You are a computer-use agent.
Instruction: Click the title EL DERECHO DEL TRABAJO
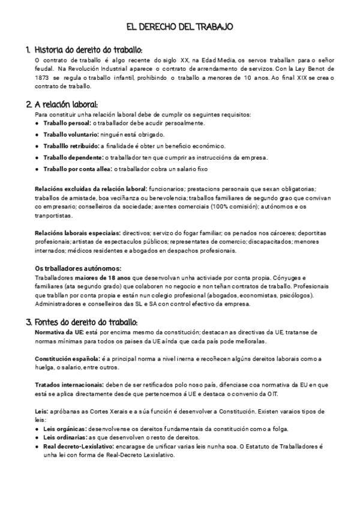click(x=180, y=27)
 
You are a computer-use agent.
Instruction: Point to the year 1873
click(x=45, y=78)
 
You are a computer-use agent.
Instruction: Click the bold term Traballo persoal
click(x=63, y=123)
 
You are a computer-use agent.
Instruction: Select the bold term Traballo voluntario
click(x=68, y=134)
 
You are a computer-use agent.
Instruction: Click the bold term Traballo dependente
click(x=69, y=157)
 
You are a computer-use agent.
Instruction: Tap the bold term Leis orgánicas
click(x=65, y=429)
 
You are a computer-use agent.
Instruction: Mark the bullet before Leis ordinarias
click(x=38, y=438)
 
